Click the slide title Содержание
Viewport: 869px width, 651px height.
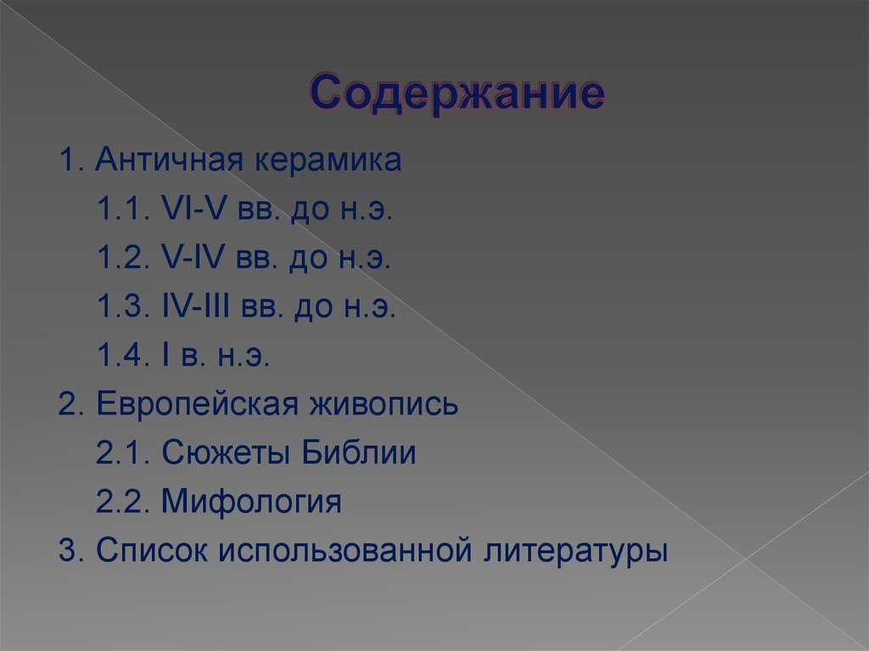click(457, 93)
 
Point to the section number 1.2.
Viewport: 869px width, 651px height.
click(121, 259)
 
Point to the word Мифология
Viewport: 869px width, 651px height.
click(251, 502)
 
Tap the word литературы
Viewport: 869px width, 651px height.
click(576, 551)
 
